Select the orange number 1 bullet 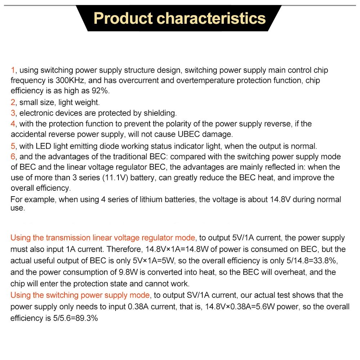13,70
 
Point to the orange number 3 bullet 13,113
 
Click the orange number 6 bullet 13,157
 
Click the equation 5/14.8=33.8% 313,260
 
